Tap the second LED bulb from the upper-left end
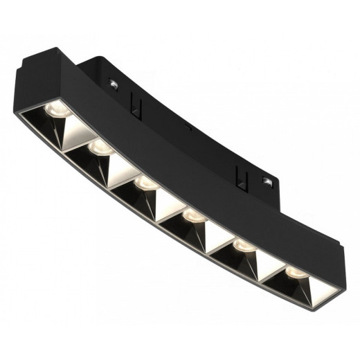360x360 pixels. pyautogui.click(x=99, y=147)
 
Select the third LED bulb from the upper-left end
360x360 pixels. pyautogui.click(x=144, y=183)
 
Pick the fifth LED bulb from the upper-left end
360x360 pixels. pyautogui.click(x=242, y=246)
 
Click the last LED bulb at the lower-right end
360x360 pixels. pyautogui.click(x=294, y=269)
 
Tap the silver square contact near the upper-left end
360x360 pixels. pyautogui.click(x=111, y=84)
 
